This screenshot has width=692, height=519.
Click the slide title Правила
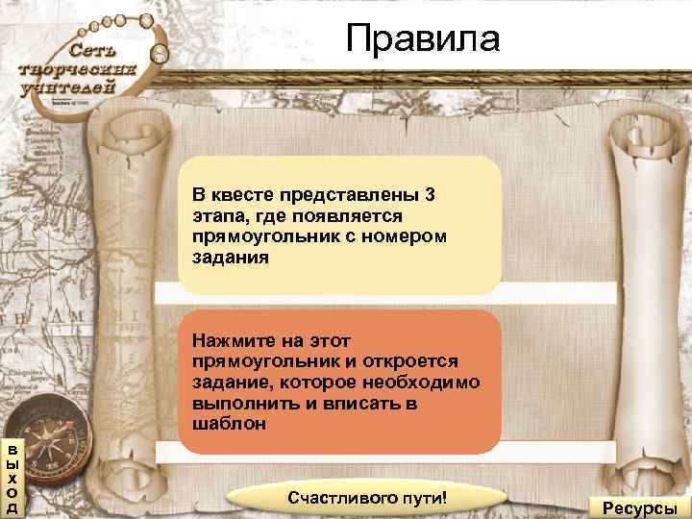click(424, 39)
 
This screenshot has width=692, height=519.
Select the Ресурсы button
click(639, 507)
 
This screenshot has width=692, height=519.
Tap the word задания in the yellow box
click(231, 258)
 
